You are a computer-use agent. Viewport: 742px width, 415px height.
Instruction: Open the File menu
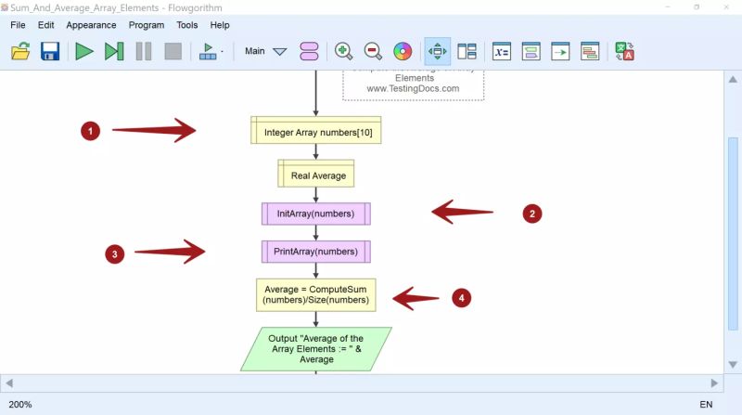(x=18, y=25)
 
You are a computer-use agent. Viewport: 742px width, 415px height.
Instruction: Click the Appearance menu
(x=91, y=25)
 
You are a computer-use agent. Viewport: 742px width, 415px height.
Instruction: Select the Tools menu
(x=186, y=25)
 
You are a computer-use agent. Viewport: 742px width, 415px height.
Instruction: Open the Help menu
(x=220, y=25)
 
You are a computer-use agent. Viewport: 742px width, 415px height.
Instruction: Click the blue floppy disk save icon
(x=50, y=51)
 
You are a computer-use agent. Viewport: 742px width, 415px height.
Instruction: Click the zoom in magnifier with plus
(x=343, y=51)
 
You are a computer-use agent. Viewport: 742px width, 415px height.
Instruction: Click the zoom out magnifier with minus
(x=373, y=51)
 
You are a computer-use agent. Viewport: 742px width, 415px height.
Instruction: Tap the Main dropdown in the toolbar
(x=266, y=51)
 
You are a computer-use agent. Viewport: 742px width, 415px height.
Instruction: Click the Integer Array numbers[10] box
(x=316, y=131)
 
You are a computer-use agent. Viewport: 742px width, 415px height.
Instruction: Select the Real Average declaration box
(x=316, y=174)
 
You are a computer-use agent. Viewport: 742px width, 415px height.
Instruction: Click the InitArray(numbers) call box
(x=316, y=214)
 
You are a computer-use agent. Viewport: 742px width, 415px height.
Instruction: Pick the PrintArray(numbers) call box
(x=316, y=252)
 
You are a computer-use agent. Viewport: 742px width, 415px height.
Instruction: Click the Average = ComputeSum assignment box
(x=316, y=293)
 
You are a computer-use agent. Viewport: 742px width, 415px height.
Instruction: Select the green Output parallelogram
(x=316, y=349)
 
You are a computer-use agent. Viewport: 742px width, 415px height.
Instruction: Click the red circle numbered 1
(x=90, y=132)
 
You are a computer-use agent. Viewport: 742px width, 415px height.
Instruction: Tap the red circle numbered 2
(x=531, y=214)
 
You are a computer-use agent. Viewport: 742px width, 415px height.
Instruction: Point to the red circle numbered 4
(x=462, y=298)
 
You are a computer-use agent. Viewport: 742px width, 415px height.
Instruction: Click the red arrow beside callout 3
(x=171, y=252)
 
